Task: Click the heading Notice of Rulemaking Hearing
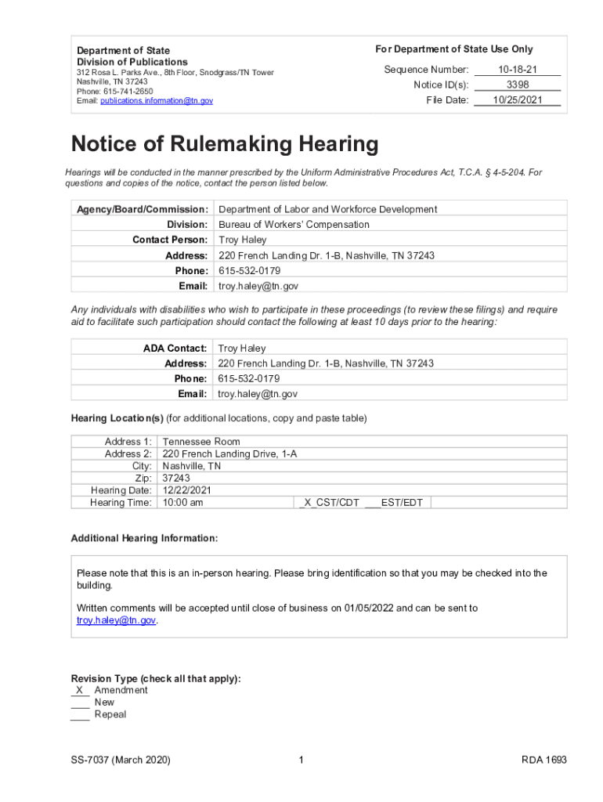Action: click(225, 145)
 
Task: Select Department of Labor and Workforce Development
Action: click(327, 209)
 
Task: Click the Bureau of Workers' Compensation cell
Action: click(294, 225)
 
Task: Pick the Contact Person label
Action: click(170, 240)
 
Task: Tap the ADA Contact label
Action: click(175, 348)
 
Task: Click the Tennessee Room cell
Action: click(201, 442)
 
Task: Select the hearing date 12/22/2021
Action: click(186, 490)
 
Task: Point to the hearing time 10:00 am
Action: click(182, 503)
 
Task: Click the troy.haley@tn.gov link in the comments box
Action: click(116, 620)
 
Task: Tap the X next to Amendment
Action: click(80, 690)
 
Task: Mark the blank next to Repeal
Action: click(80, 714)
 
